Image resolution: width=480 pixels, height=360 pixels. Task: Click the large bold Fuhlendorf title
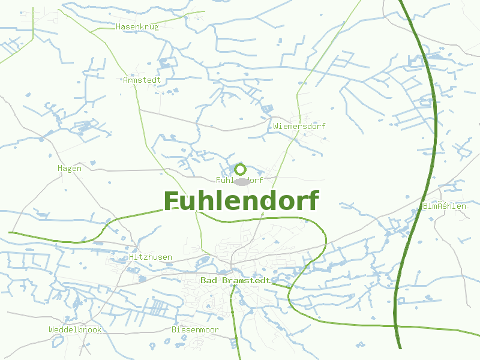click(x=241, y=201)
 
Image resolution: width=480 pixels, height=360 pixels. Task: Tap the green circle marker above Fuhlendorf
click(x=241, y=169)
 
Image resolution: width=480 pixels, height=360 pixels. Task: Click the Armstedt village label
click(x=142, y=80)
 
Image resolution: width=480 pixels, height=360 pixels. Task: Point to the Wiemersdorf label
click(x=299, y=127)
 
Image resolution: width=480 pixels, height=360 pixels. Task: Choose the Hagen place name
click(x=70, y=169)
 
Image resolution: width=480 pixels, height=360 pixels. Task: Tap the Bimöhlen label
click(x=444, y=206)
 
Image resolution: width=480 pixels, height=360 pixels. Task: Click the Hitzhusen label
click(x=151, y=257)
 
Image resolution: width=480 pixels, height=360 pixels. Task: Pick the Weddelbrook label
click(x=75, y=330)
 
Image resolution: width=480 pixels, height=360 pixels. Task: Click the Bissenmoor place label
click(x=195, y=330)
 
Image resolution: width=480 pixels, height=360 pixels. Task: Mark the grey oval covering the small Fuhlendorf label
click(x=241, y=181)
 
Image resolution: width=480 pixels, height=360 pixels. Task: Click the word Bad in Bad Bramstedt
click(x=208, y=281)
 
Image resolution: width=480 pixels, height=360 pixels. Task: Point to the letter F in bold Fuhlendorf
click(x=171, y=202)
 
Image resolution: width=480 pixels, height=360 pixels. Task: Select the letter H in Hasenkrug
click(x=118, y=27)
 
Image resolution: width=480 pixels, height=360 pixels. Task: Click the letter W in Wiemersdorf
click(x=275, y=127)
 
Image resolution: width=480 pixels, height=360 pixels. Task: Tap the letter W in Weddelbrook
click(x=52, y=330)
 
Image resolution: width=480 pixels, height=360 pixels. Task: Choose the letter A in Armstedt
click(x=125, y=80)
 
